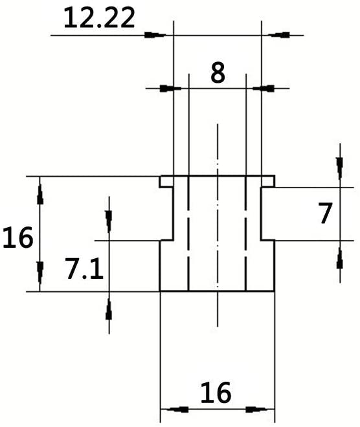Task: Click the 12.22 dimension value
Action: pos(99,18)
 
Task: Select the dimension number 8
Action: pos(218,72)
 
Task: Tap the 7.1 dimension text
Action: pos(84,268)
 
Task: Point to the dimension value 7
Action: pos(326,213)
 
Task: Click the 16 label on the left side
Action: pos(18,237)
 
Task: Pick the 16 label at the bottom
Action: pos(216,393)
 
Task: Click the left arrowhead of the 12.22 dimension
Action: pos(155,35)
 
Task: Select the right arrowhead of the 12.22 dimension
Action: pos(279,35)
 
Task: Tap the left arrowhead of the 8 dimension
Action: pos(170,89)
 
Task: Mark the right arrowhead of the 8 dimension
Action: pos(264,89)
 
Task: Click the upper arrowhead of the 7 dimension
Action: pos(339,168)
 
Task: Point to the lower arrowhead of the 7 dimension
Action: pos(339,258)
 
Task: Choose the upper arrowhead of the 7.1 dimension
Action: pos(109,222)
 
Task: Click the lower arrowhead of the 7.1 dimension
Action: pos(109,309)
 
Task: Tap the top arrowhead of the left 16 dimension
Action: pos(40,194)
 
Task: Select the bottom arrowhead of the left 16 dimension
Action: pos(40,273)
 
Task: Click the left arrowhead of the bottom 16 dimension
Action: pos(177,410)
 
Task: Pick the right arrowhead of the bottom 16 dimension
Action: pos(256,410)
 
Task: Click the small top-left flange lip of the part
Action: pos(166,182)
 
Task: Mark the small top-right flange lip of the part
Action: pos(268,182)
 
